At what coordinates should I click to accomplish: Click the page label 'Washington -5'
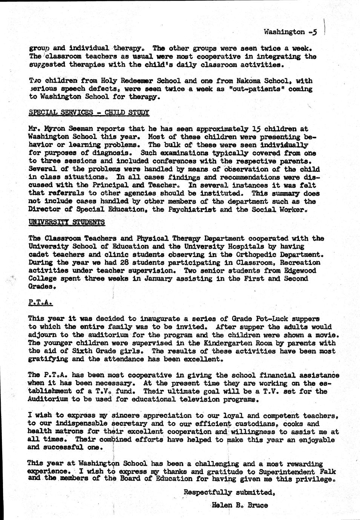coord(290,32)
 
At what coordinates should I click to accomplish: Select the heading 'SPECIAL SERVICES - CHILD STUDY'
coord(89,112)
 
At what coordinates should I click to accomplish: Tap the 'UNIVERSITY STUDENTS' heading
coord(67,222)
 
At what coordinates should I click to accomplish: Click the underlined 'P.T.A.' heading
coord(40,302)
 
